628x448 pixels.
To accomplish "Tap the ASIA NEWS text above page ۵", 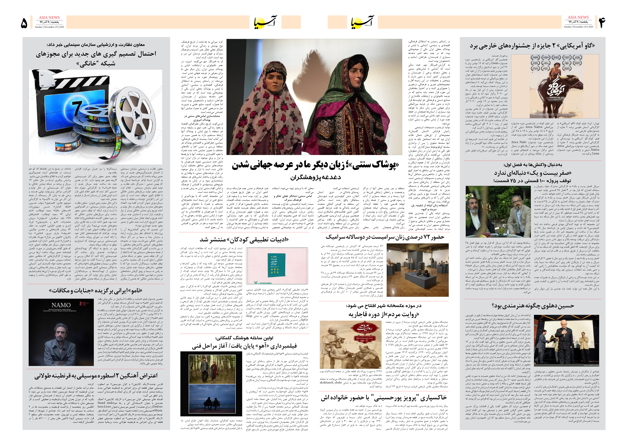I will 49,17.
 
